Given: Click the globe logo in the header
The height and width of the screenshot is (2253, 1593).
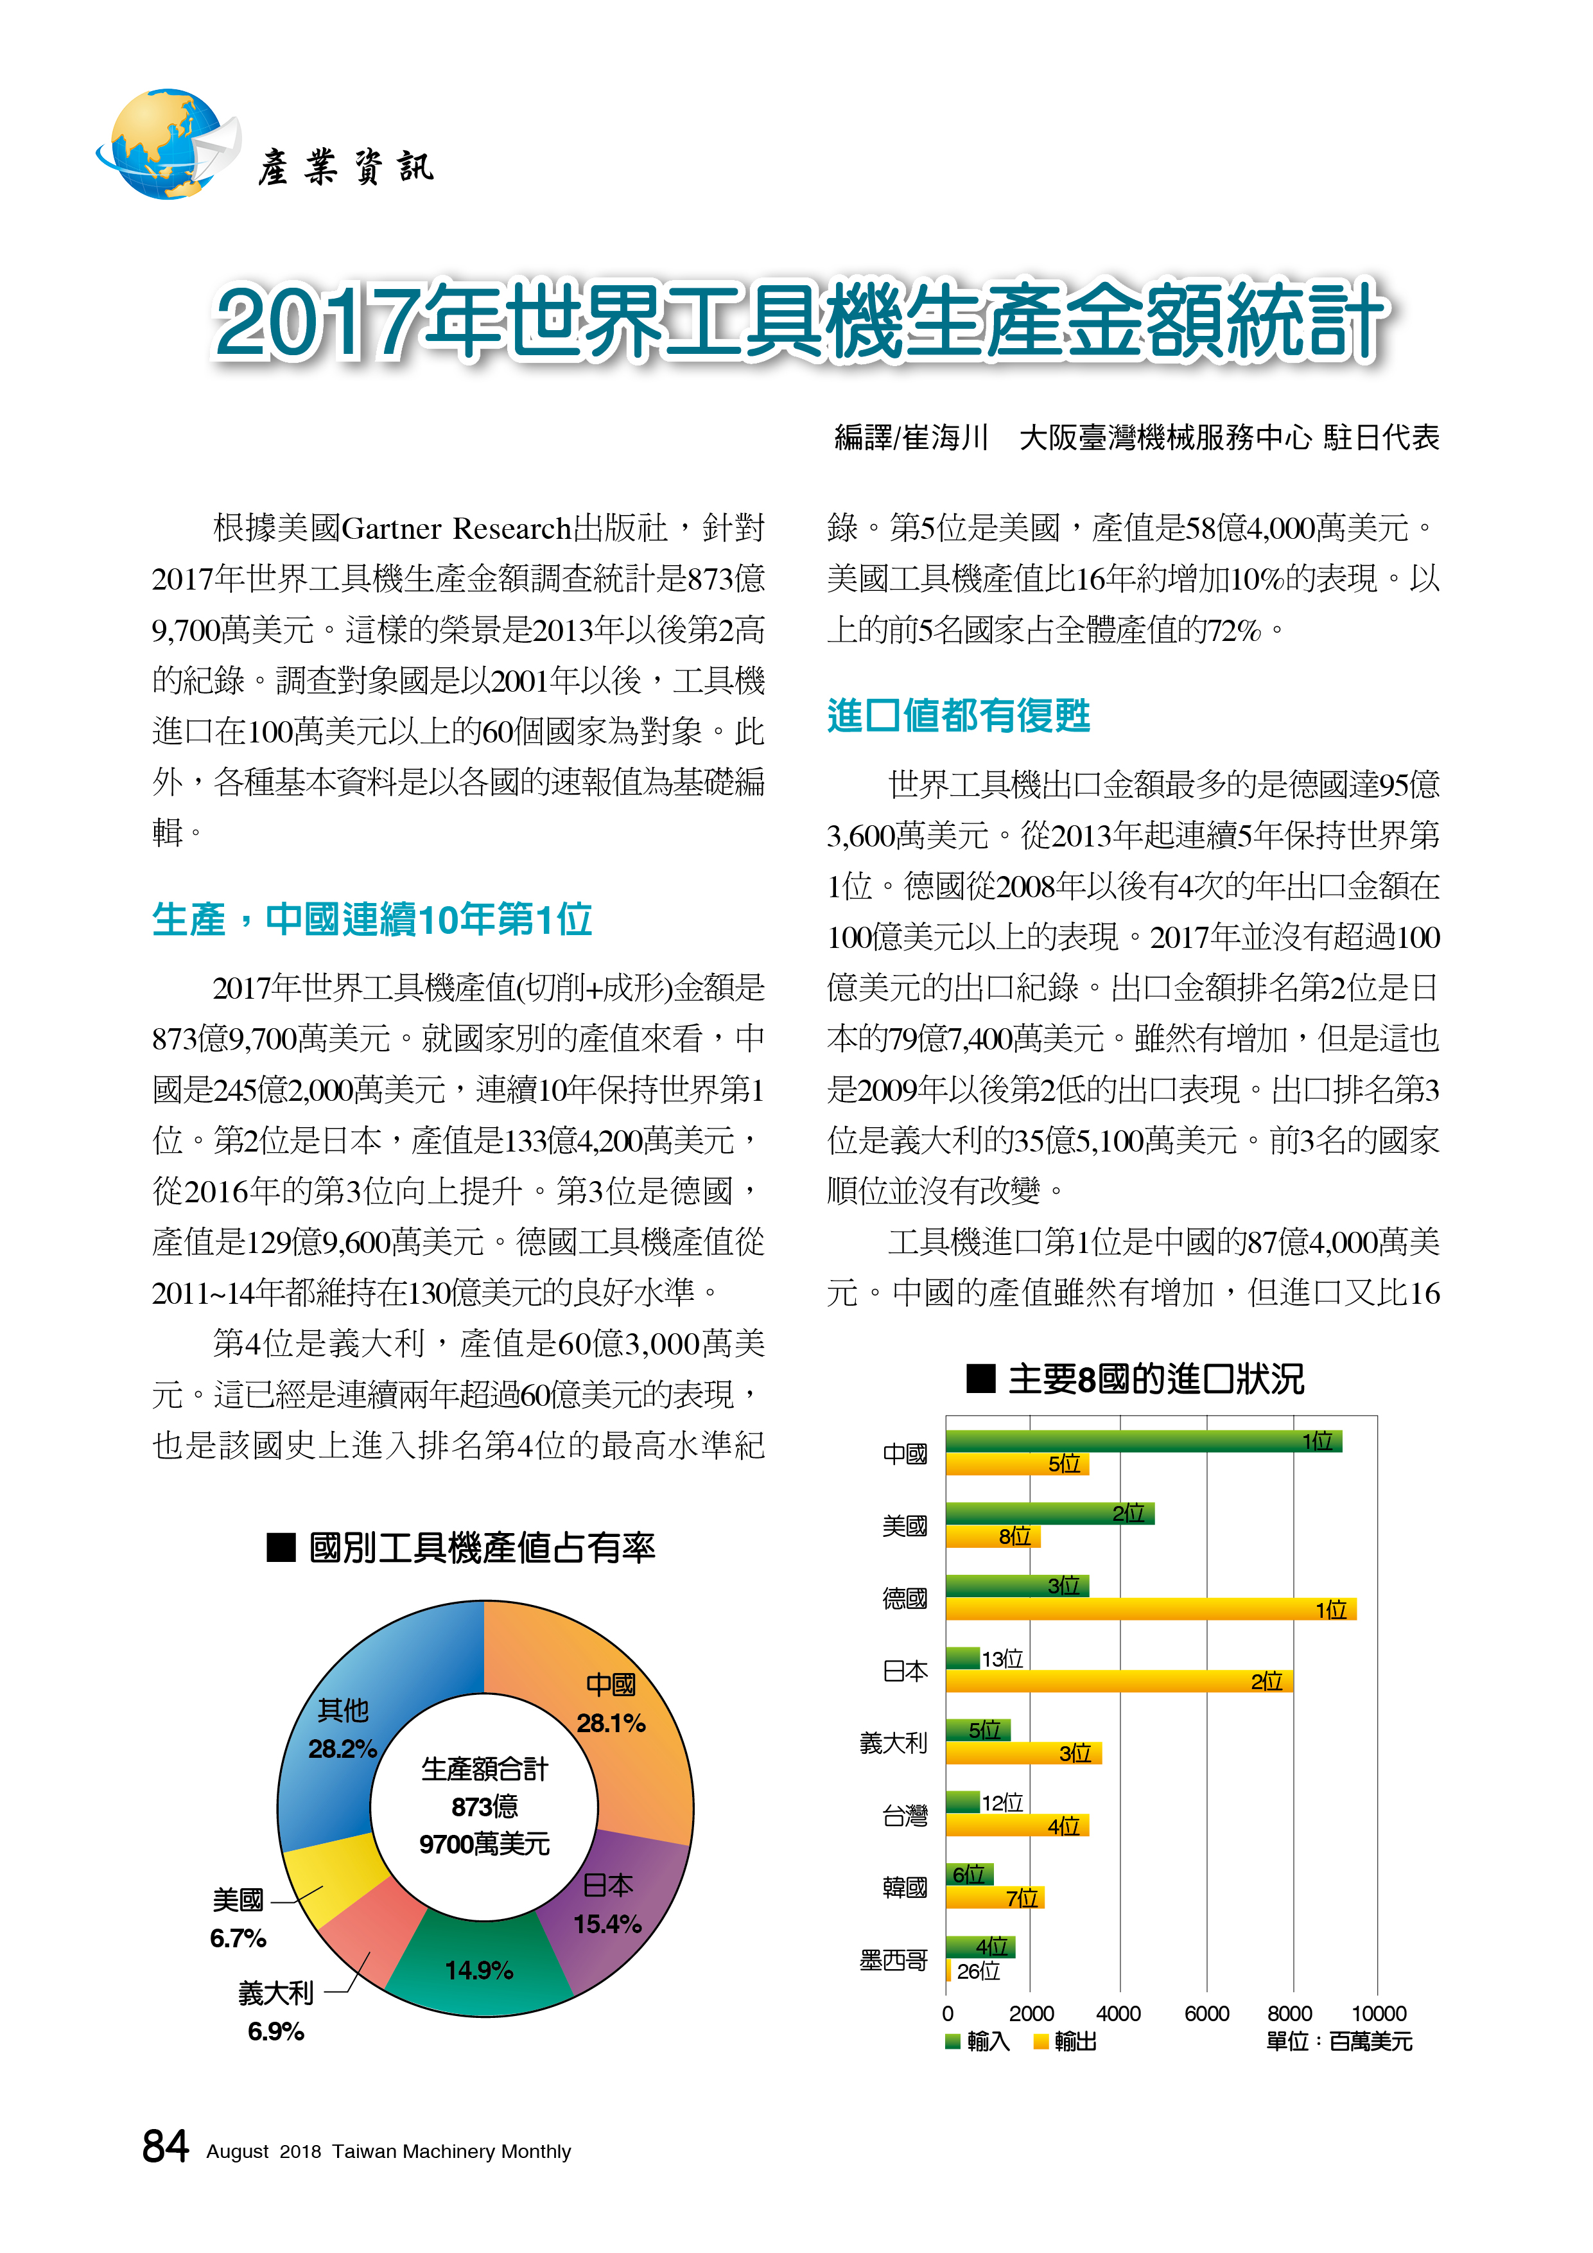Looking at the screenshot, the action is [x=167, y=145].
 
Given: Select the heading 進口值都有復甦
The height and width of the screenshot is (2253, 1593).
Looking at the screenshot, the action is [x=959, y=715].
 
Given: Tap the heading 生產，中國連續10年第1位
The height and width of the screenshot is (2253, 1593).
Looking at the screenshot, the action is [x=373, y=920].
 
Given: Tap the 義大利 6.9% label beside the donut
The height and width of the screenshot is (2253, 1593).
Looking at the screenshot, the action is [x=275, y=2011].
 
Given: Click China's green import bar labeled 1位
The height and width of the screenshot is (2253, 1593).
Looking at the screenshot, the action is [x=1144, y=1441].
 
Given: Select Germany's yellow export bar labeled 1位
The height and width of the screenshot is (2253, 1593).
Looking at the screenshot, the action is [x=1151, y=1609].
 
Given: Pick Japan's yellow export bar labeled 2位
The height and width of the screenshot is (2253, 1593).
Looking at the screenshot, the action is [x=1119, y=1681].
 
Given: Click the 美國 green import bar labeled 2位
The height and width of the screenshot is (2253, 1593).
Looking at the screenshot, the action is [x=1050, y=1513].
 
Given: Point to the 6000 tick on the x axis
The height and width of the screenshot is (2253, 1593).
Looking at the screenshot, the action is [x=1206, y=2013].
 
